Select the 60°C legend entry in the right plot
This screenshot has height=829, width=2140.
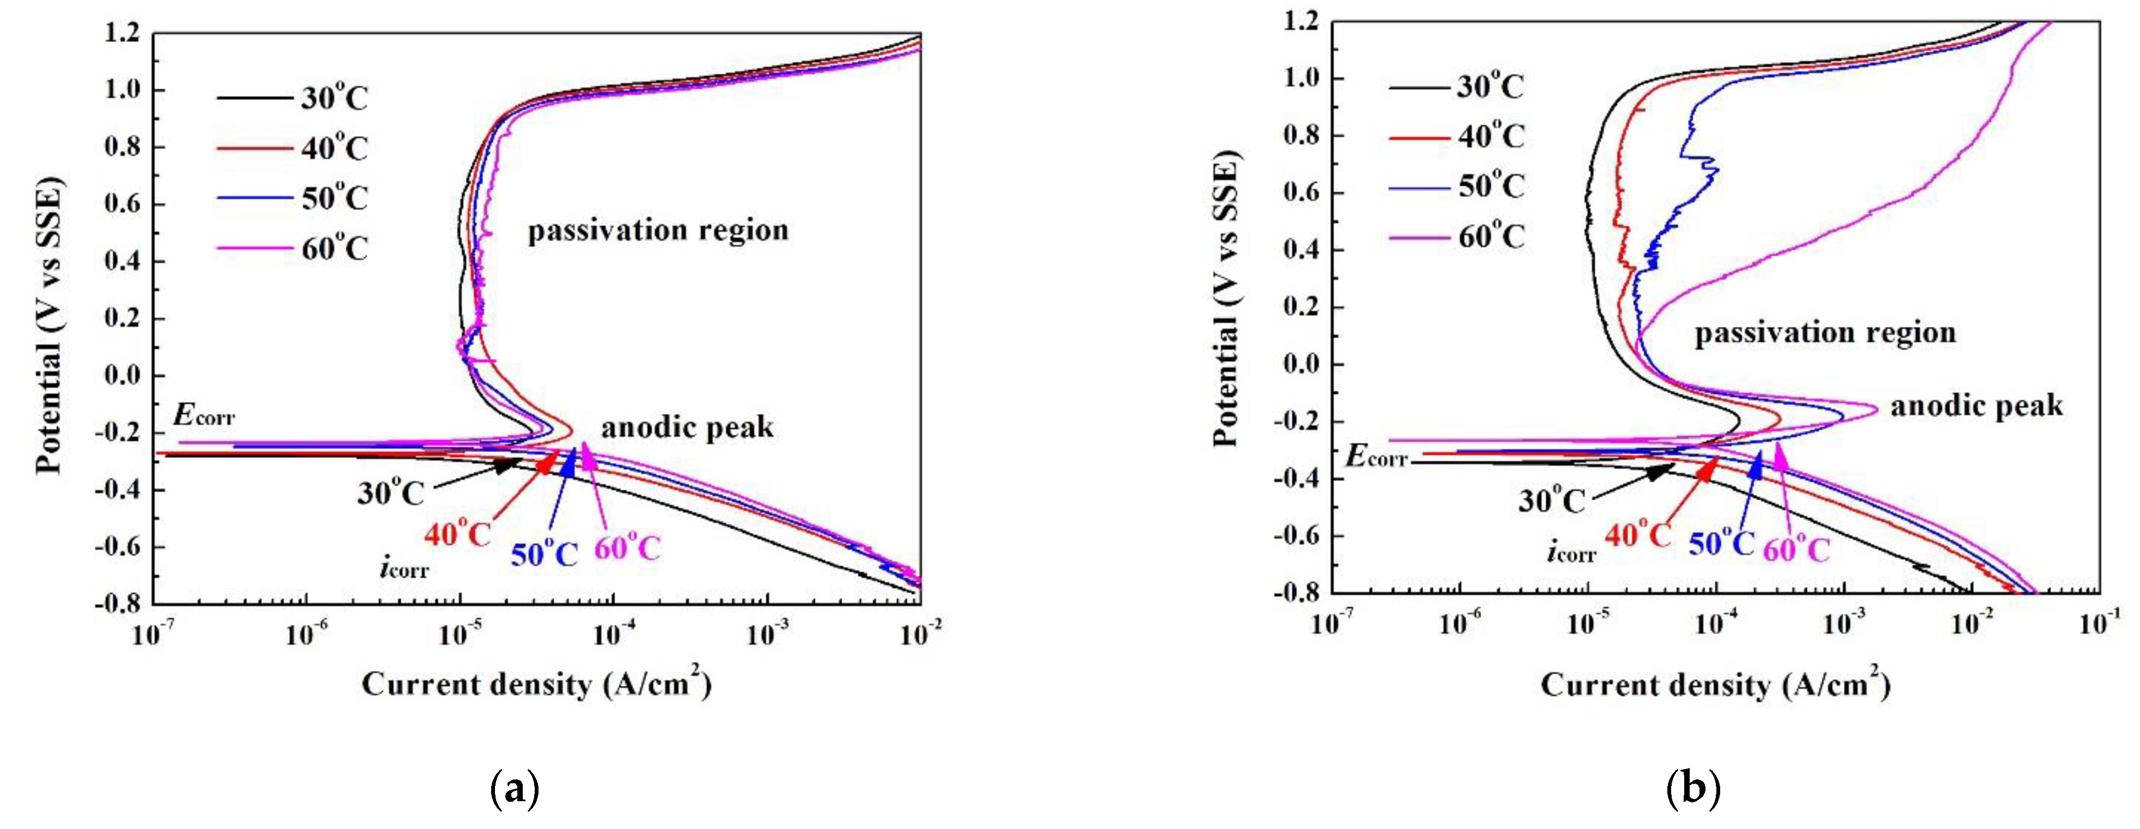pyautogui.click(x=1491, y=237)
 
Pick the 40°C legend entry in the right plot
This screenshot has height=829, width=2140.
pyautogui.click(x=1491, y=136)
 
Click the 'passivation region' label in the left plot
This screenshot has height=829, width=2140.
pyautogui.click(x=658, y=230)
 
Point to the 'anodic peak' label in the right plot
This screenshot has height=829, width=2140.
pyautogui.click(x=1976, y=405)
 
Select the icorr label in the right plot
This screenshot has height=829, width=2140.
pyautogui.click(x=1570, y=552)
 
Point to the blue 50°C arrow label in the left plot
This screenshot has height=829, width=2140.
pyautogui.click(x=544, y=554)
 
